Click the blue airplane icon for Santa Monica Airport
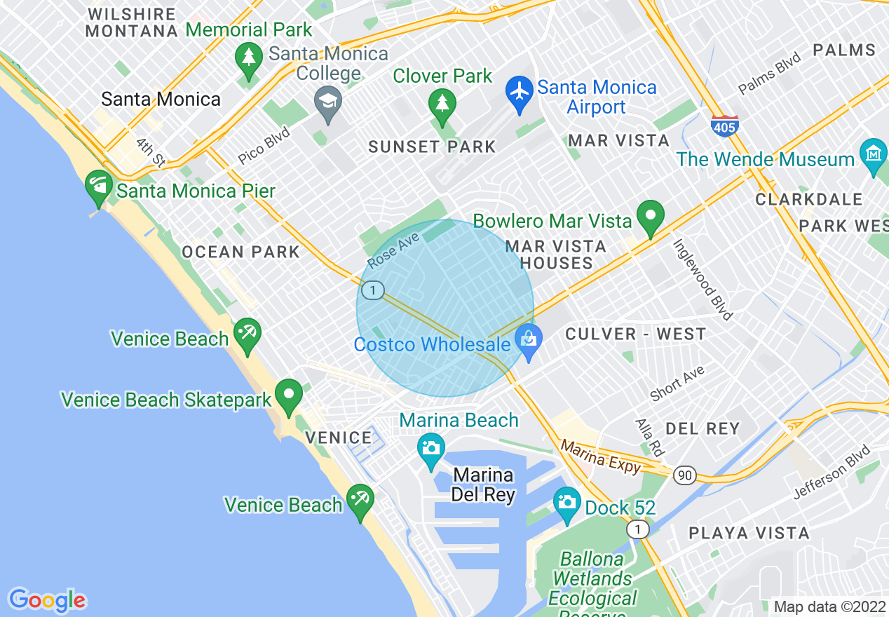520,94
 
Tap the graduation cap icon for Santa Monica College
327,103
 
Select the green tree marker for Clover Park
442,104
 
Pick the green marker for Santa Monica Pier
99,187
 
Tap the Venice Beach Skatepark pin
288,396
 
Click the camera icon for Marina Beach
430,447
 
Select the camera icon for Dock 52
566,502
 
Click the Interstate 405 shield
724,126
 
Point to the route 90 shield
685,475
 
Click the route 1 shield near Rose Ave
374,290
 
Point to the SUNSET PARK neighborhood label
432,147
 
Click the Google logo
47,600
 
